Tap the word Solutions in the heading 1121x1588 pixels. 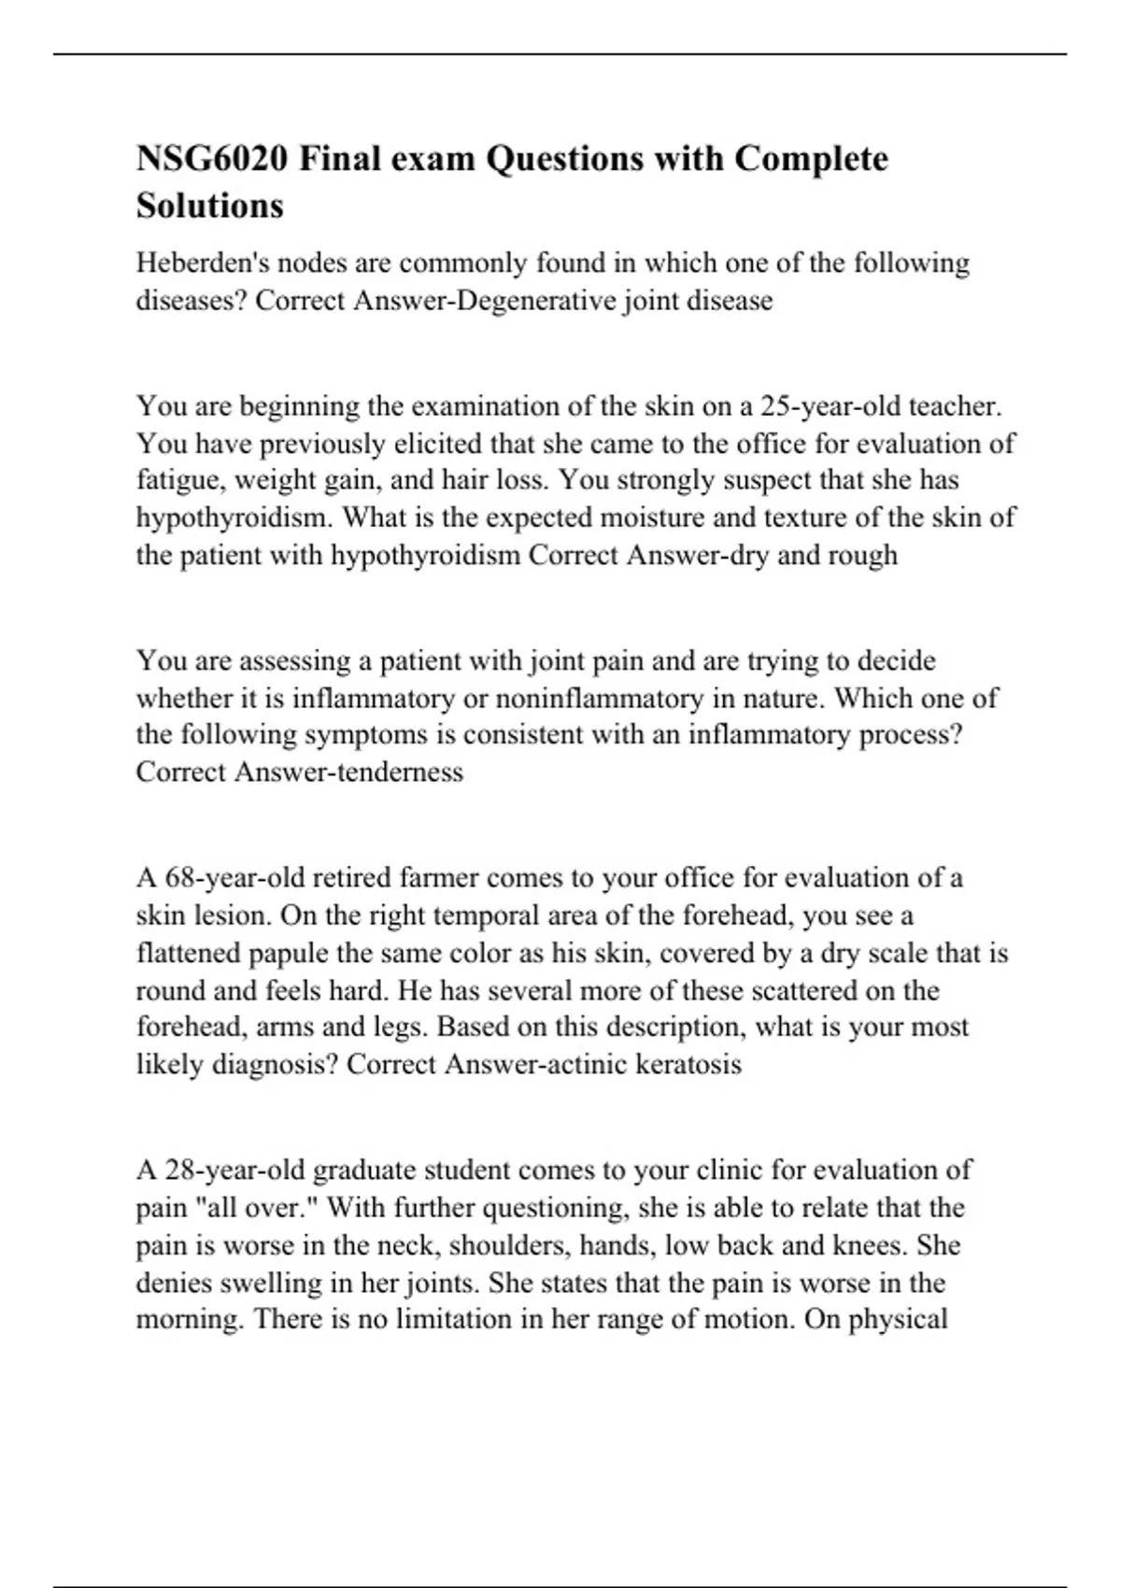pos(210,205)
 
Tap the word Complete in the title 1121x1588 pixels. pos(811,159)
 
